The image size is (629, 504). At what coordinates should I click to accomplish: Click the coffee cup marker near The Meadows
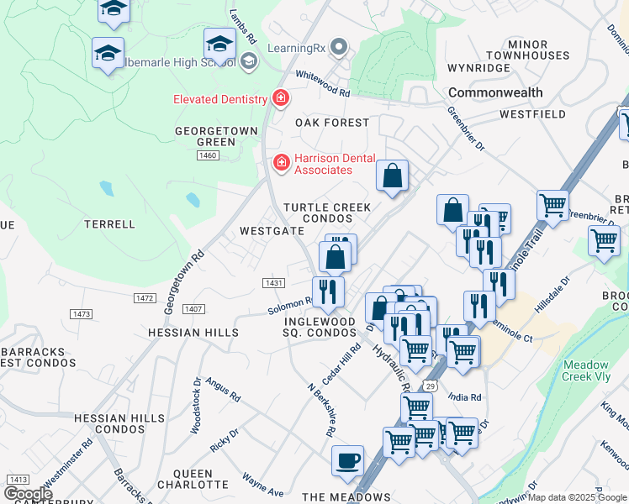(x=347, y=461)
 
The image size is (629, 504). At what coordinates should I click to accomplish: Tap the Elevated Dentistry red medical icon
(x=281, y=99)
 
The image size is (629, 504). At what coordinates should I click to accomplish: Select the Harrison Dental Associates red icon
(x=281, y=161)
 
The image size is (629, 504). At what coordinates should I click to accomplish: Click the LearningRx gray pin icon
(x=339, y=47)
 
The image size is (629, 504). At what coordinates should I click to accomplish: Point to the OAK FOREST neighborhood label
(x=332, y=123)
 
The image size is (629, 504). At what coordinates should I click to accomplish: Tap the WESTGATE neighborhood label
(x=272, y=230)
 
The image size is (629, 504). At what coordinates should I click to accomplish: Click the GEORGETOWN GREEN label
(x=204, y=136)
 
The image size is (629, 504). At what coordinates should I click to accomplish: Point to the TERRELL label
(x=109, y=224)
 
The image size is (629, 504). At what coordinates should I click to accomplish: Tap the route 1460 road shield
(x=208, y=155)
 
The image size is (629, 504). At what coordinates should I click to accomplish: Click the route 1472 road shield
(x=145, y=298)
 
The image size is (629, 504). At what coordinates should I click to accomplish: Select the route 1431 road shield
(x=273, y=283)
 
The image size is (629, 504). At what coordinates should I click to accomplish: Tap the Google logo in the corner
(x=27, y=494)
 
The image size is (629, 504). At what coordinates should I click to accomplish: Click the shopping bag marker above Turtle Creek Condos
(x=392, y=176)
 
